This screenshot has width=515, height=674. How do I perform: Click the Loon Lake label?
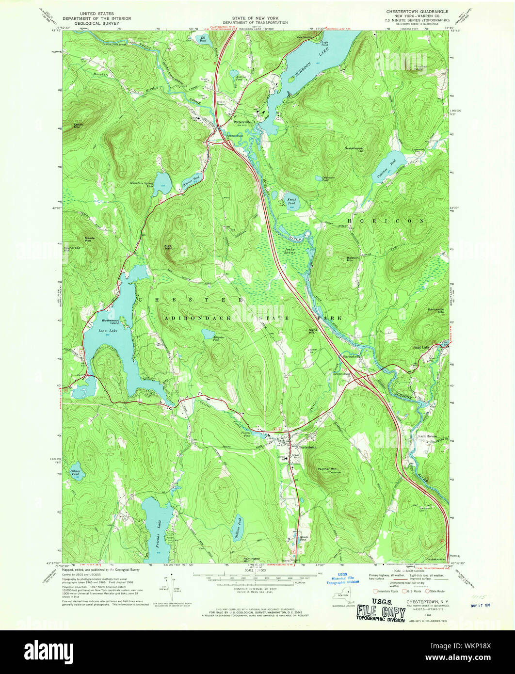click(x=106, y=331)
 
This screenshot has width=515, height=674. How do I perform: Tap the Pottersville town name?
click(x=242, y=122)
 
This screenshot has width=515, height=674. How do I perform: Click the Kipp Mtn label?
click(x=168, y=247)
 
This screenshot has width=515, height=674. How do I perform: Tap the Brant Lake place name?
click(x=421, y=347)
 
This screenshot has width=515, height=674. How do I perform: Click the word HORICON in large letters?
click(x=400, y=221)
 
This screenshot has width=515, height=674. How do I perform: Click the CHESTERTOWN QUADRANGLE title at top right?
click(x=417, y=11)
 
